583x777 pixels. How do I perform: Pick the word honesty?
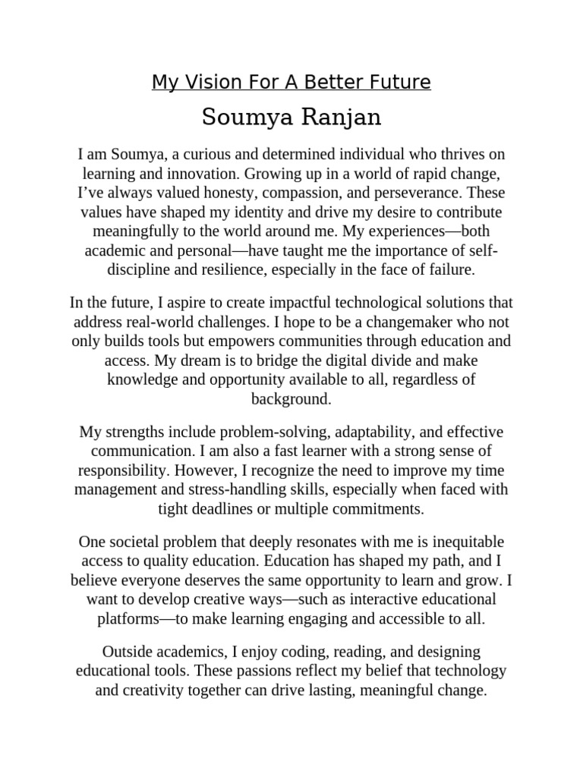click(x=194, y=193)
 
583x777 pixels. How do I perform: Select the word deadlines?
click(x=238, y=508)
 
